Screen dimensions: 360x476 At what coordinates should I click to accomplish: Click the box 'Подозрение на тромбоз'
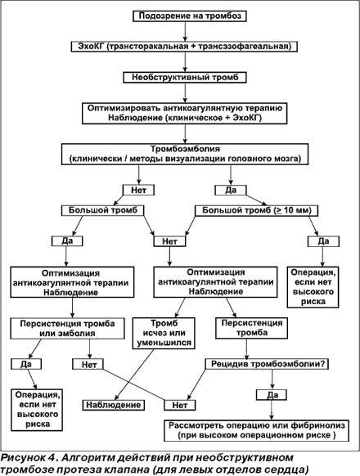(x=190, y=16)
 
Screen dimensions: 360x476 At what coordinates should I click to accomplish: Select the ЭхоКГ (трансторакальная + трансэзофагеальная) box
(x=184, y=47)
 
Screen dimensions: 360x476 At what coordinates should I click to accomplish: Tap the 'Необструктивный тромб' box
(x=185, y=77)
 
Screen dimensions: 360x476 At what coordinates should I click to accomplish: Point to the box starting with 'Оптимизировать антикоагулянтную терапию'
(x=185, y=113)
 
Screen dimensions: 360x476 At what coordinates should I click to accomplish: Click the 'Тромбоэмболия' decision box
(x=185, y=155)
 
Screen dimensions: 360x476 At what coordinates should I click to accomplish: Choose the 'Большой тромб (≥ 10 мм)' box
(x=256, y=210)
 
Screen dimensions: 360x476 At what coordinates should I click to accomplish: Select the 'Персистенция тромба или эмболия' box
(x=67, y=328)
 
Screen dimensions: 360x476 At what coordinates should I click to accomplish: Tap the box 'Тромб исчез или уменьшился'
(x=164, y=333)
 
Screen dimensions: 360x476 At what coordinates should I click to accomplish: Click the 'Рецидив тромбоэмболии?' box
(x=267, y=364)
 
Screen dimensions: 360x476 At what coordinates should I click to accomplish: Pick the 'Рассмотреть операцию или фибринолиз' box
(x=256, y=430)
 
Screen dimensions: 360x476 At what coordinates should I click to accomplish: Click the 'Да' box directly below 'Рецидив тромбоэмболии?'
(x=272, y=395)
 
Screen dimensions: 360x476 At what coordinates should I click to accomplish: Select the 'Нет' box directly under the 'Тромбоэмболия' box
(x=138, y=190)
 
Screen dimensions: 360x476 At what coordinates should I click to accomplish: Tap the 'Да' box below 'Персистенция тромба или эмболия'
(x=26, y=364)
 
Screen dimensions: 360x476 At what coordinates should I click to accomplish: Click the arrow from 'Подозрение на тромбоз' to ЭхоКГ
(x=185, y=31)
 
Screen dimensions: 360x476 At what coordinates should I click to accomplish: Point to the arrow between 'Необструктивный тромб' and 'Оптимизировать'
(x=185, y=92)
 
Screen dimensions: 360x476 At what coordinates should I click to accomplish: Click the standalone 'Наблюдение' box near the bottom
(x=114, y=405)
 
